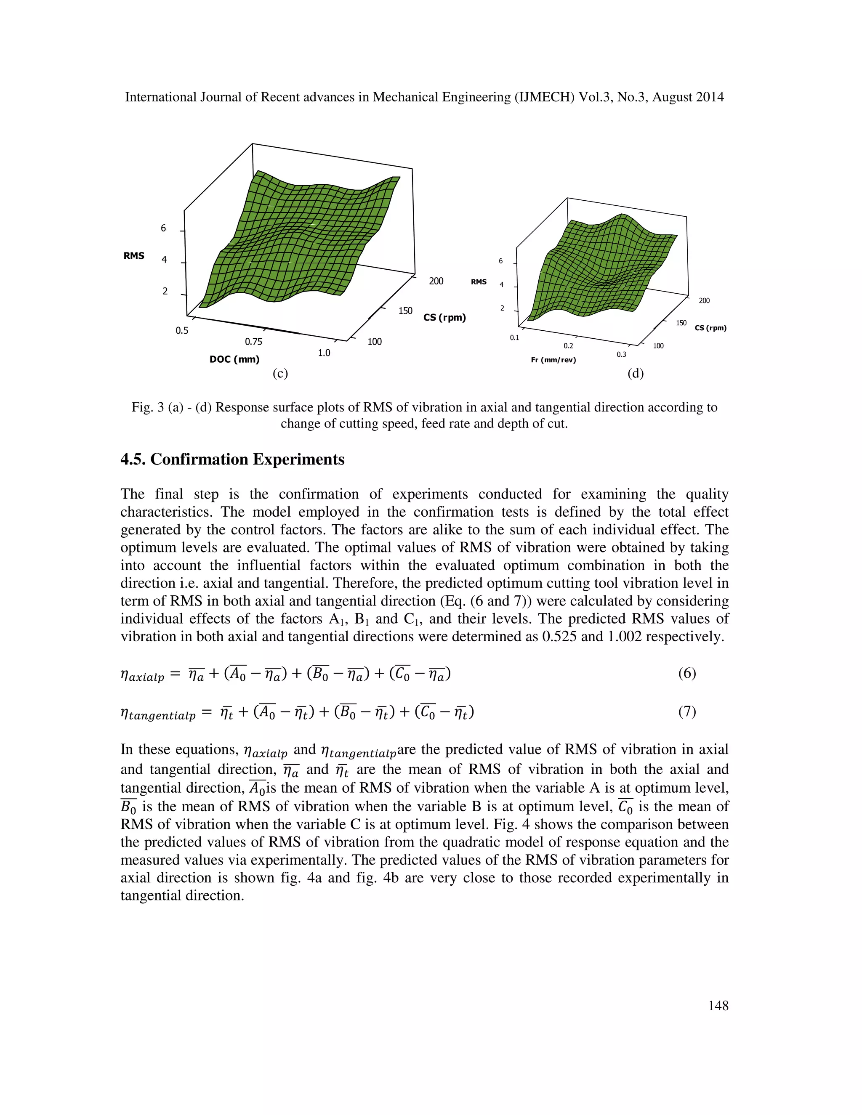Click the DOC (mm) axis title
click(x=234, y=359)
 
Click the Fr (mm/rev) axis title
click(x=553, y=360)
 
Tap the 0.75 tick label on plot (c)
click(x=253, y=342)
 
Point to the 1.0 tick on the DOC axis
click(x=324, y=353)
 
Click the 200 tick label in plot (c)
click(x=436, y=281)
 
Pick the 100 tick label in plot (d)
click(x=658, y=346)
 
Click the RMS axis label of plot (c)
click(x=134, y=256)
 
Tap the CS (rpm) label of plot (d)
click(x=710, y=328)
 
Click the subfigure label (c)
click(x=280, y=374)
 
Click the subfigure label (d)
click(x=635, y=374)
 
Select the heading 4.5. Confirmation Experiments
click(x=232, y=459)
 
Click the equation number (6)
click(x=687, y=673)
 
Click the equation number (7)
click(x=687, y=711)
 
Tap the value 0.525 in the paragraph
click(x=568, y=637)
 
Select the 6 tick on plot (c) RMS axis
click(x=163, y=228)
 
